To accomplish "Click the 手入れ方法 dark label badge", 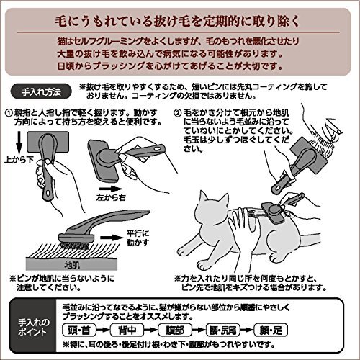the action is pos(41,92).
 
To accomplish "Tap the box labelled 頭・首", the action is pos(79,330).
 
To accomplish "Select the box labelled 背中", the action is pos(127,330).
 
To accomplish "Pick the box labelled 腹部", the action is pos(175,330).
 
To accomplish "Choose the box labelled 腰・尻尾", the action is pos(223,330).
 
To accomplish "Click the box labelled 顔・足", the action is pos(271,330).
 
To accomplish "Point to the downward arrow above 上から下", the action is pos(19,144).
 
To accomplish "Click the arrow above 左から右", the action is pos(109,189).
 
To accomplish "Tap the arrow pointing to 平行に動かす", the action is pos(112,238).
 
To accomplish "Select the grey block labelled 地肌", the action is pos(72,264).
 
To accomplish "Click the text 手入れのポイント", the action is pos(32,328).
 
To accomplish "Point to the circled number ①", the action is pos(9,112).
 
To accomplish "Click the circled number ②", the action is pos(178,112).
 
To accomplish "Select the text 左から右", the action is pos(111,197).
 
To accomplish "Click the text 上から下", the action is pos(19,160).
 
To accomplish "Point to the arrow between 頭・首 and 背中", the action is pos(103,330).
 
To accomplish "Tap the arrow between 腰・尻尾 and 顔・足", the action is pos(247,330).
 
